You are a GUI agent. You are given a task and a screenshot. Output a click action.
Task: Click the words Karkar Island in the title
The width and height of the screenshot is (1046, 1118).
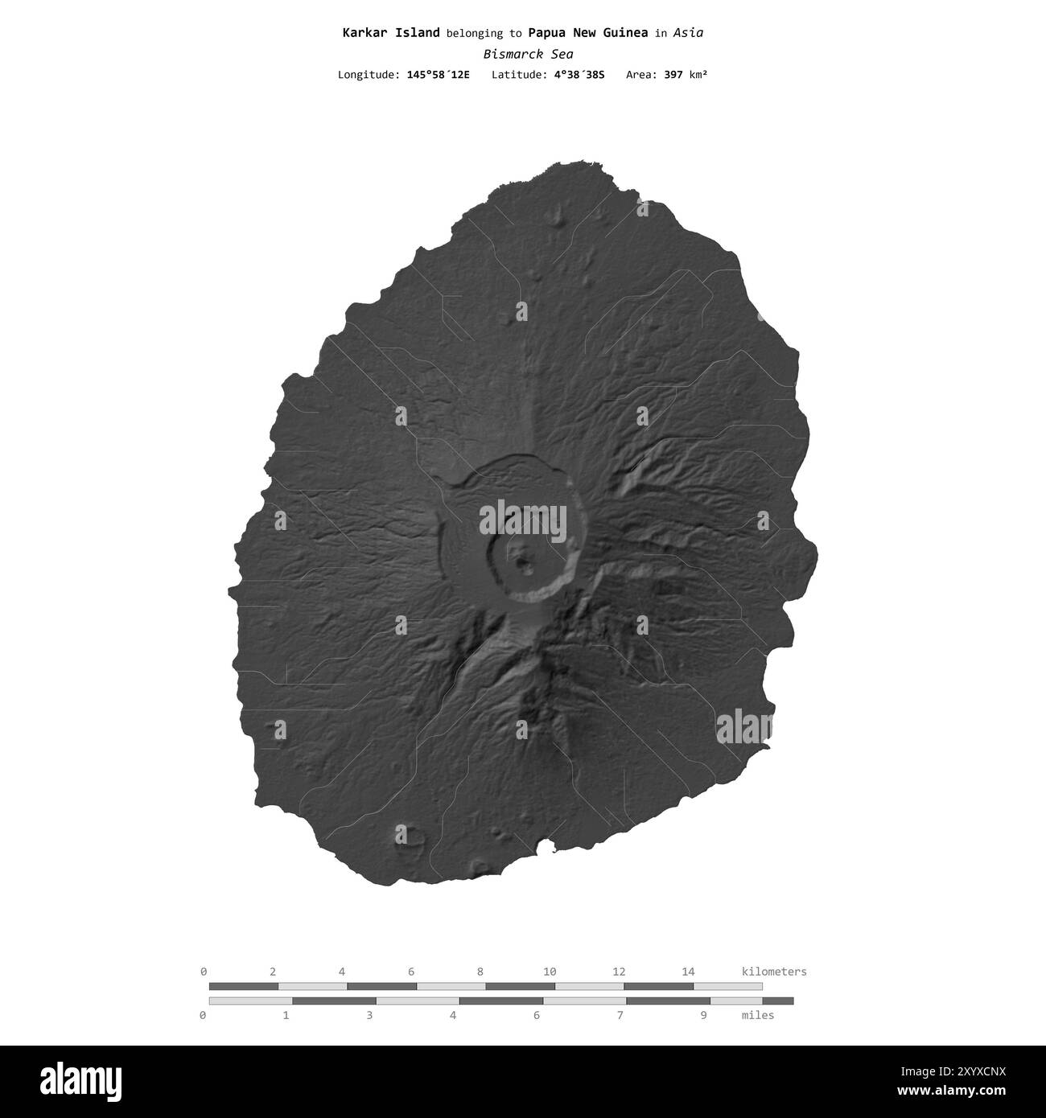pos(390,33)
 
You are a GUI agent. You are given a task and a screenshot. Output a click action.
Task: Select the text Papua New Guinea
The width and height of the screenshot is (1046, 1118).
pos(587,33)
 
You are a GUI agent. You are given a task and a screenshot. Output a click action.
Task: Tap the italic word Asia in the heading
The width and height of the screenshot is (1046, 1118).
pos(688,33)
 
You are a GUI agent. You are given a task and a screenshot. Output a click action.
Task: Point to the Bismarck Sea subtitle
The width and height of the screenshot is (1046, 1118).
pos(528,54)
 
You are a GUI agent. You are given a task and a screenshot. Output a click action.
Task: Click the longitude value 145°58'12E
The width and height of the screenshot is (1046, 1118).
pos(438,75)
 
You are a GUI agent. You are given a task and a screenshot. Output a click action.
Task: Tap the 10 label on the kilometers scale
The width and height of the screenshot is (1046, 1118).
pos(550,972)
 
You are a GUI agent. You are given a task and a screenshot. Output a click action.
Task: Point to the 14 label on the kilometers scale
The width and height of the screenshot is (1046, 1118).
pos(688,972)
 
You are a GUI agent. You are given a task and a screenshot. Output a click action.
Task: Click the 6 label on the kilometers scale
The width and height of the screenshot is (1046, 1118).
pos(411,972)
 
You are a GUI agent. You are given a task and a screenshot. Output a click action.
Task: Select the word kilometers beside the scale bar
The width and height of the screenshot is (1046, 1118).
pos(773,972)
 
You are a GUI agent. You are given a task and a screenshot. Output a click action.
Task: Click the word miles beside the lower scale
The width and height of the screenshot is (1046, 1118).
pos(757,1015)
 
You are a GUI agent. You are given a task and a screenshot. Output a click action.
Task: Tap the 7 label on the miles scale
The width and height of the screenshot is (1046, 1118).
pos(620,1015)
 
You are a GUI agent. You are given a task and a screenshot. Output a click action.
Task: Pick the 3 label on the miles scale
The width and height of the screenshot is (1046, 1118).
pos(369,1015)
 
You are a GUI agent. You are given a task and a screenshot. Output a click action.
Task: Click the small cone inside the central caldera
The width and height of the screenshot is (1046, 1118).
pos(525,561)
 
